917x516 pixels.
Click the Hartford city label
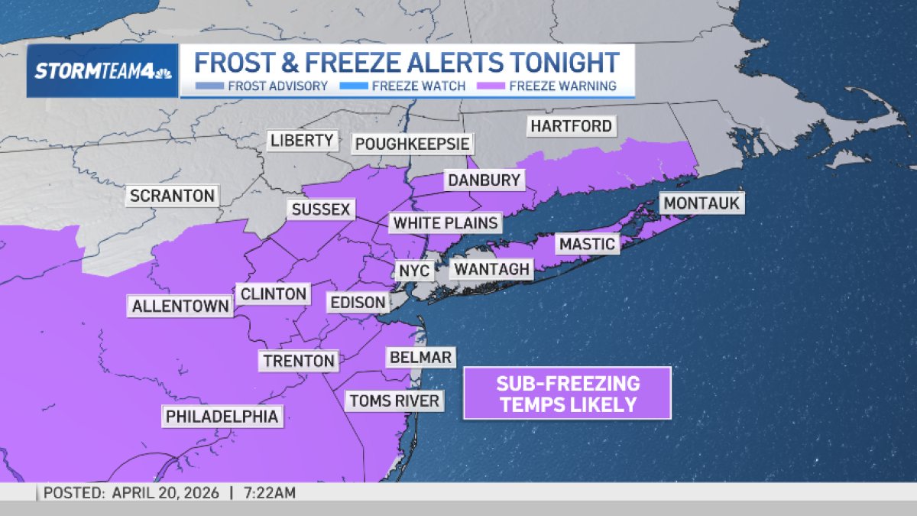(x=572, y=125)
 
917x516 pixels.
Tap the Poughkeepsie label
(x=413, y=144)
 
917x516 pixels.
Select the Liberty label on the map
(x=303, y=141)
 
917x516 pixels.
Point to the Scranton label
(x=172, y=196)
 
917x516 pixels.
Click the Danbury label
(x=484, y=180)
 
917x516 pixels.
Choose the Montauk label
(x=702, y=203)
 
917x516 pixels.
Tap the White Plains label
(x=446, y=223)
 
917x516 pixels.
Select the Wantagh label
(x=491, y=269)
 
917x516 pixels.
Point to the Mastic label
(x=587, y=244)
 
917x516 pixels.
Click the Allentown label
(x=180, y=307)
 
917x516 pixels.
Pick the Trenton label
(x=299, y=361)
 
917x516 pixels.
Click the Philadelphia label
(x=222, y=417)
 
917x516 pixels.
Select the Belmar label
(x=420, y=357)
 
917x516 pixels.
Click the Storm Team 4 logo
(x=102, y=71)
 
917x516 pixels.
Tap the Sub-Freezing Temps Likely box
(x=567, y=393)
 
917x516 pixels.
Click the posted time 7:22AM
(x=268, y=493)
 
